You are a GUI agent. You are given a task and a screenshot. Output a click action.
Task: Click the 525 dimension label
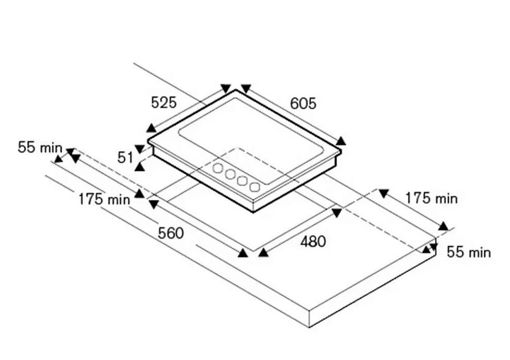pos(163,102)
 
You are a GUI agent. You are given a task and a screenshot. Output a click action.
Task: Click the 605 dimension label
pos(303,103)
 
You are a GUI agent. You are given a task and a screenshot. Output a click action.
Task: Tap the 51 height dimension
pos(125,157)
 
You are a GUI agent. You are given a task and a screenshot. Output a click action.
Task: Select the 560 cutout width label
pos(171,233)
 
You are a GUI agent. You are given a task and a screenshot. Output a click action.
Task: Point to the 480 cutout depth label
pos(313,242)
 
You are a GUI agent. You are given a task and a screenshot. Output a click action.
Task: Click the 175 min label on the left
pos(104,199)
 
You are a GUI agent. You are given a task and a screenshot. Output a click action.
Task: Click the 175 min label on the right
pos(431,198)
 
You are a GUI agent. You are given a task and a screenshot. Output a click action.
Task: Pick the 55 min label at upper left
pos(40,147)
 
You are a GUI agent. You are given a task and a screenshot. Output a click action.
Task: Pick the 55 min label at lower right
pos(469,252)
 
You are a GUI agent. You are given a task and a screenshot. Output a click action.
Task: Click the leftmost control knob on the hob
pos(217,168)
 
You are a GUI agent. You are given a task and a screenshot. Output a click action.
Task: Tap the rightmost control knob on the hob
pos(254,186)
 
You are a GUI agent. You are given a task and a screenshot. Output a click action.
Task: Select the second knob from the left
pos(230,174)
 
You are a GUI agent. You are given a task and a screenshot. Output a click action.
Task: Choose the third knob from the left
pos(242,181)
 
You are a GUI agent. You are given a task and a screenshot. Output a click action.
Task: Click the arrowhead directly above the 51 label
pos(140,149)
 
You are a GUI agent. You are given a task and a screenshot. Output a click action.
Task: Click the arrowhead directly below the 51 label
pos(140,167)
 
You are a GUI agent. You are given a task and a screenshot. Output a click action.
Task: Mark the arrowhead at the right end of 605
pos(341,141)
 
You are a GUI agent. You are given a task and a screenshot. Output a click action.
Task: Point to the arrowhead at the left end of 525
pos(151,128)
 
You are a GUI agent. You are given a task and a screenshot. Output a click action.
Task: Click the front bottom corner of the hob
pos(253,212)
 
